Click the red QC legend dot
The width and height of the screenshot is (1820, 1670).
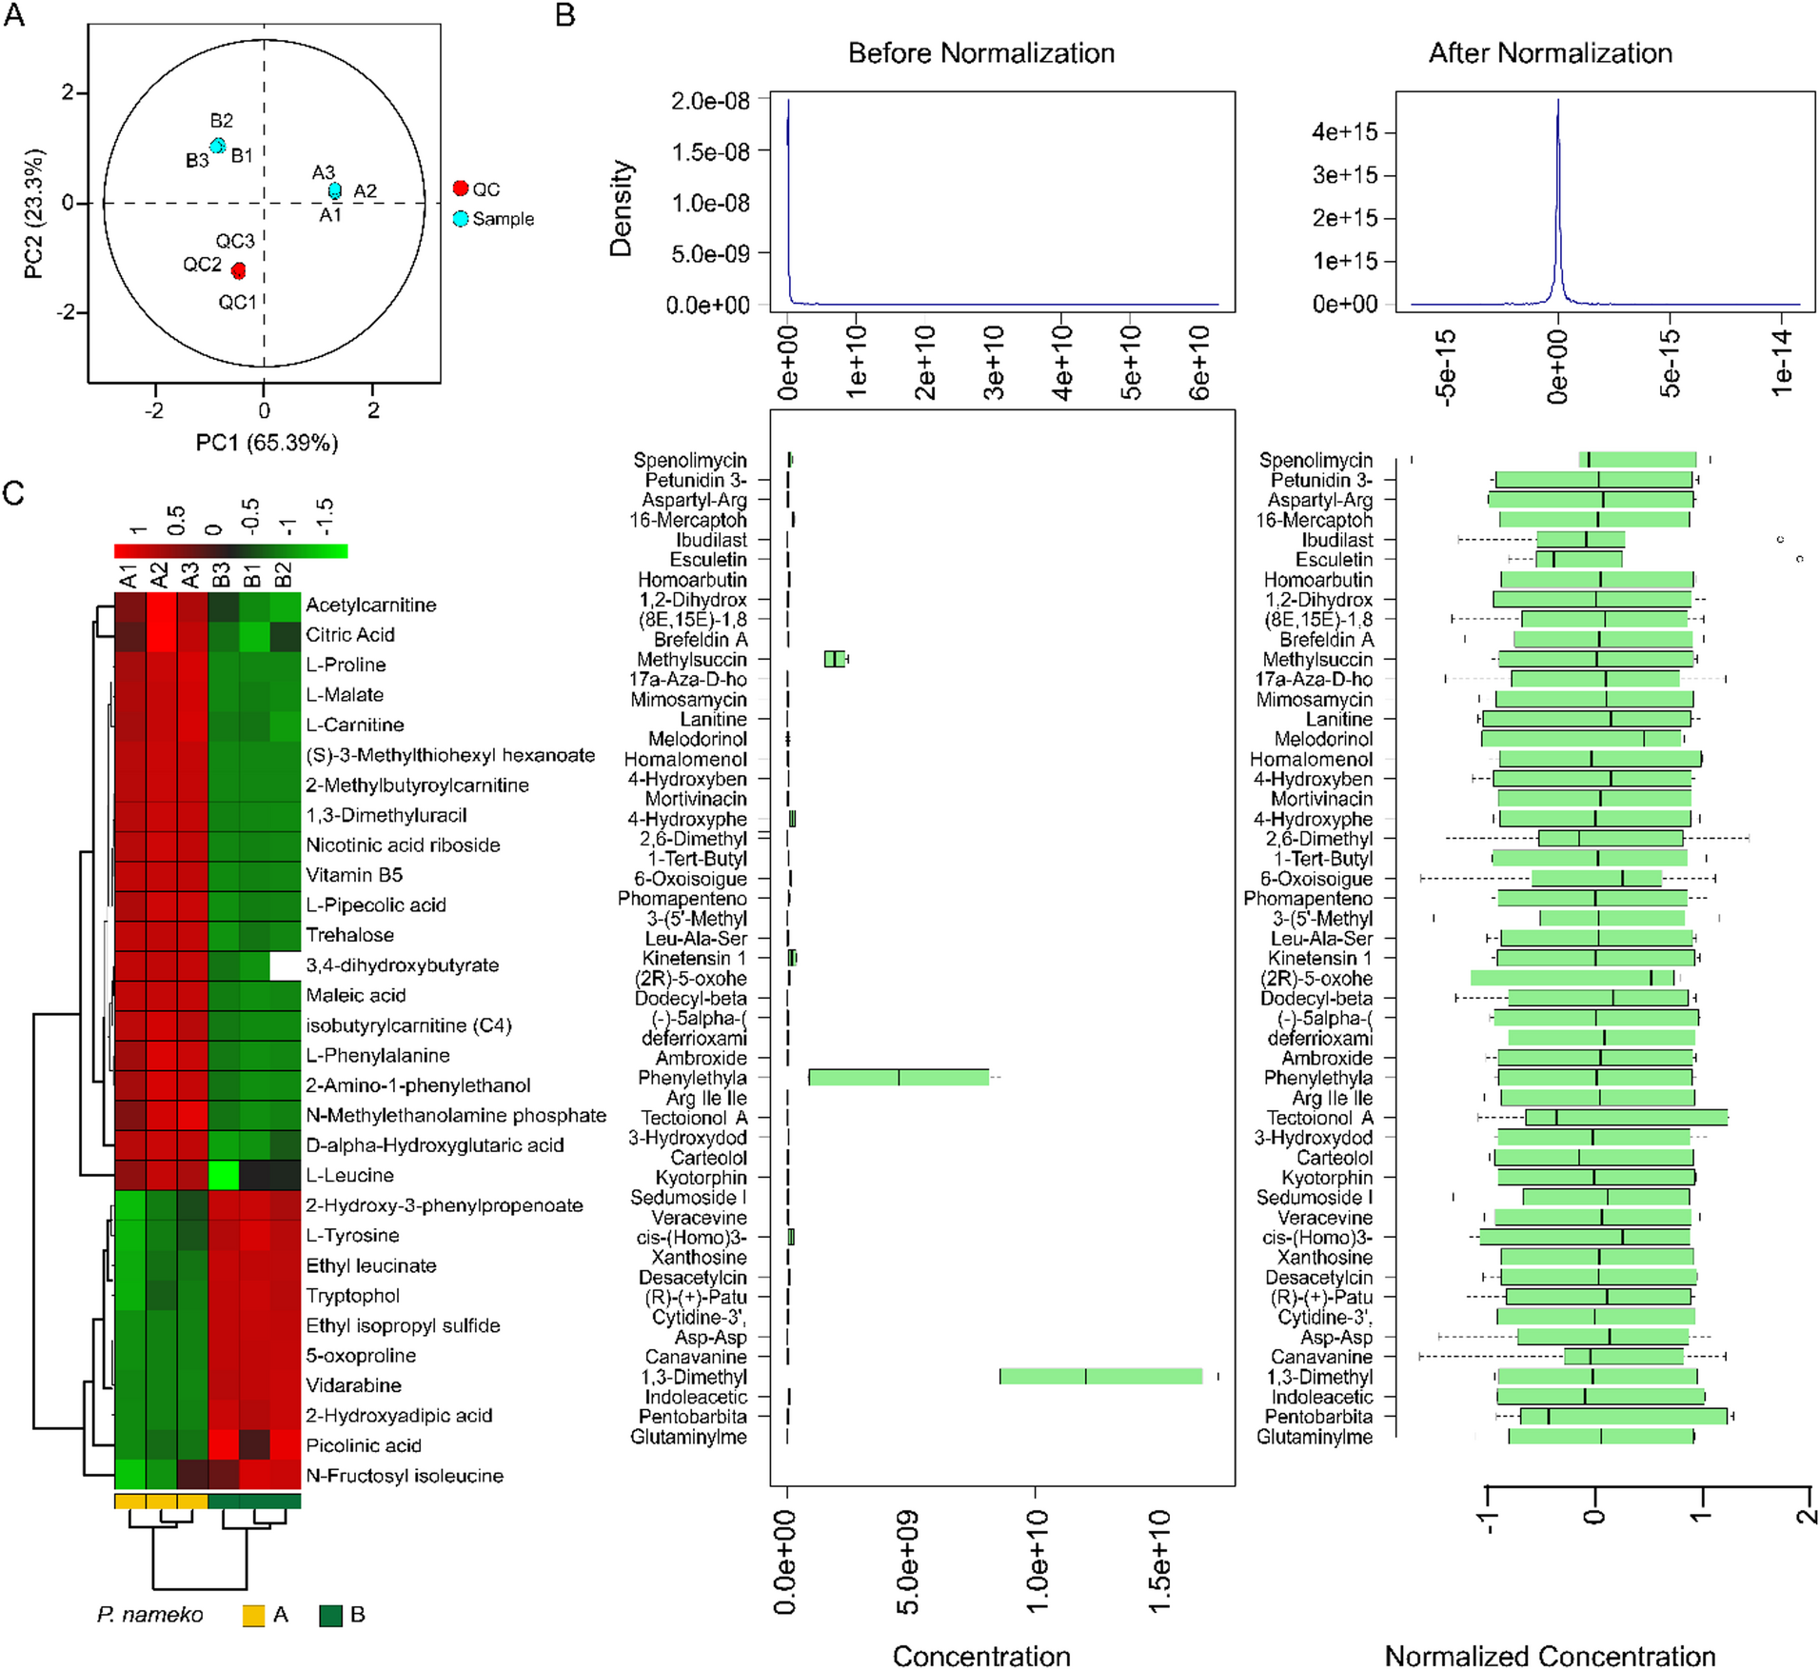point(461,189)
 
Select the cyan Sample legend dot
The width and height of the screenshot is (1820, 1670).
point(461,218)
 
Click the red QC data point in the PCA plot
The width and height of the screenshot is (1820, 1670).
point(238,271)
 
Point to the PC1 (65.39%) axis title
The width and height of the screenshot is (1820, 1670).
point(267,443)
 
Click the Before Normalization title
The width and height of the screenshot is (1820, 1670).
point(980,53)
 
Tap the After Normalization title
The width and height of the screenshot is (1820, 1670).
point(1550,53)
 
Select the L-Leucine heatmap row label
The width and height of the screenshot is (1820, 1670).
point(349,1175)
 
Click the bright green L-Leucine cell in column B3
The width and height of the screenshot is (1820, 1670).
point(223,1175)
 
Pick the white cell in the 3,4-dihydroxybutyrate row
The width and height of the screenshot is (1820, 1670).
point(285,964)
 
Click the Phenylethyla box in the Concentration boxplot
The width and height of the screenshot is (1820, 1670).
point(898,1078)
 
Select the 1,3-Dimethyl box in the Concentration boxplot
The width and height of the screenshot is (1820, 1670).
point(1099,1377)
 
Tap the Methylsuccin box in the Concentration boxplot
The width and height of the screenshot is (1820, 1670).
point(834,659)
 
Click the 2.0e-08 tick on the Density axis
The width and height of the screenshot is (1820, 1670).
point(710,101)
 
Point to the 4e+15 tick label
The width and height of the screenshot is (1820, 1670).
point(1344,131)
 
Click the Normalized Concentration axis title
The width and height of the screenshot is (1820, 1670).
point(1550,1655)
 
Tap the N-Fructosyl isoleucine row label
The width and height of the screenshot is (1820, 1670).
point(405,1476)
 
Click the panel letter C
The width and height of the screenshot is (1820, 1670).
point(14,493)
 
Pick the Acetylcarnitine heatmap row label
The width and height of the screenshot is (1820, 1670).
point(370,605)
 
